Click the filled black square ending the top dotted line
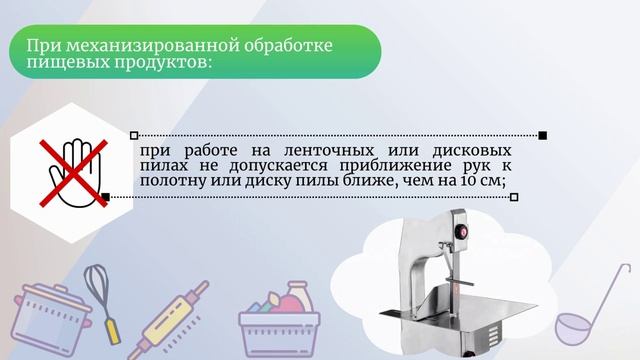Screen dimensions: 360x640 tap(542, 134)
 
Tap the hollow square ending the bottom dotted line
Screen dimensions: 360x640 tap(514, 197)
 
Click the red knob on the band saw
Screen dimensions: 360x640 tap(462, 232)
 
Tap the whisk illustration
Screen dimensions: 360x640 tap(100, 290)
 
